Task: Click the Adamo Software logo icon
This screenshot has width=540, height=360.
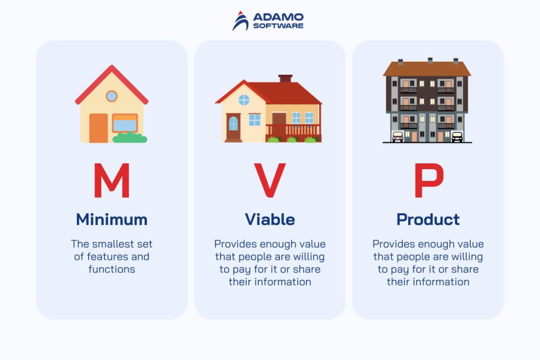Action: [x=241, y=20]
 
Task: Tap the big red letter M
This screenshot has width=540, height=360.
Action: [x=112, y=180]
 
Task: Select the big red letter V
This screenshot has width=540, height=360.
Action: [x=269, y=180]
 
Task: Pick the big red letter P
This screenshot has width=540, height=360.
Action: [x=428, y=180]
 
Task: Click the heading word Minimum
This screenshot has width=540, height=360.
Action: [x=112, y=219]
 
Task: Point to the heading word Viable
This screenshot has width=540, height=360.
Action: [x=269, y=219]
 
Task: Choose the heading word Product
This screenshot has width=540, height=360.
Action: [x=428, y=219]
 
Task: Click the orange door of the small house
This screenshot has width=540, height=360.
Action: [x=98, y=128]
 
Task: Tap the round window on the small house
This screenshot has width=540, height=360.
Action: [x=111, y=96]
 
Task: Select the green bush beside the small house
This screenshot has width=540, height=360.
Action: [x=130, y=138]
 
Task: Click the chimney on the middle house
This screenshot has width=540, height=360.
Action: [x=285, y=79]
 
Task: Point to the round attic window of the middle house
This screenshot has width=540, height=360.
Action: [x=244, y=100]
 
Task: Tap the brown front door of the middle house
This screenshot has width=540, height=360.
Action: [x=233, y=127]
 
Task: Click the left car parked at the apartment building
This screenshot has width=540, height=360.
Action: [x=397, y=137]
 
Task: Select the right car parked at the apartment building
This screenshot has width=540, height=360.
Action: [x=457, y=137]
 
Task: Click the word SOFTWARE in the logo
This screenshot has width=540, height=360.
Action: [x=278, y=25]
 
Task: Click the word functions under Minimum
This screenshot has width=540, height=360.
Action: [x=112, y=269]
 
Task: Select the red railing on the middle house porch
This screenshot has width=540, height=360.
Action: [x=293, y=130]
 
